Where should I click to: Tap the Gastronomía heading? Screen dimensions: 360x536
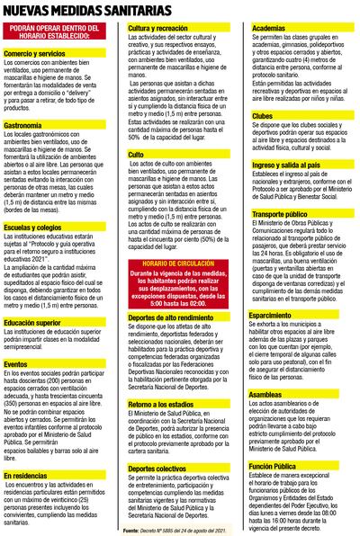pyautogui.click(x=24, y=125)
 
